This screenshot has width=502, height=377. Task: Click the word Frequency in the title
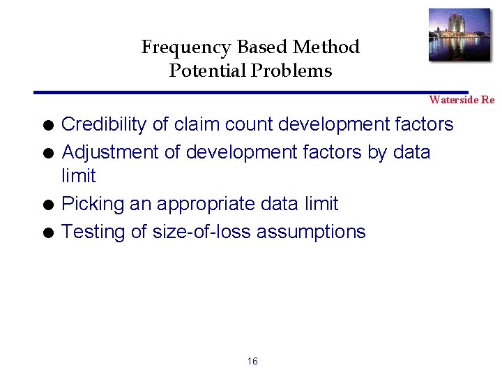[x=187, y=47]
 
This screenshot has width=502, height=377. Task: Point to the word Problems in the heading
[x=294, y=71]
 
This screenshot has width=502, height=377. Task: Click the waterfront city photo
[x=459, y=35]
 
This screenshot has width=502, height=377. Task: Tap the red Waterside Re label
[x=462, y=100]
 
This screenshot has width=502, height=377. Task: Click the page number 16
[x=252, y=361]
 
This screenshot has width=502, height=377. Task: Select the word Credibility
[x=104, y=125]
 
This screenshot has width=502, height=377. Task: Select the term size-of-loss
[x=197, y=231]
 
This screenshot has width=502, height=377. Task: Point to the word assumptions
[x=311, y=232]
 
